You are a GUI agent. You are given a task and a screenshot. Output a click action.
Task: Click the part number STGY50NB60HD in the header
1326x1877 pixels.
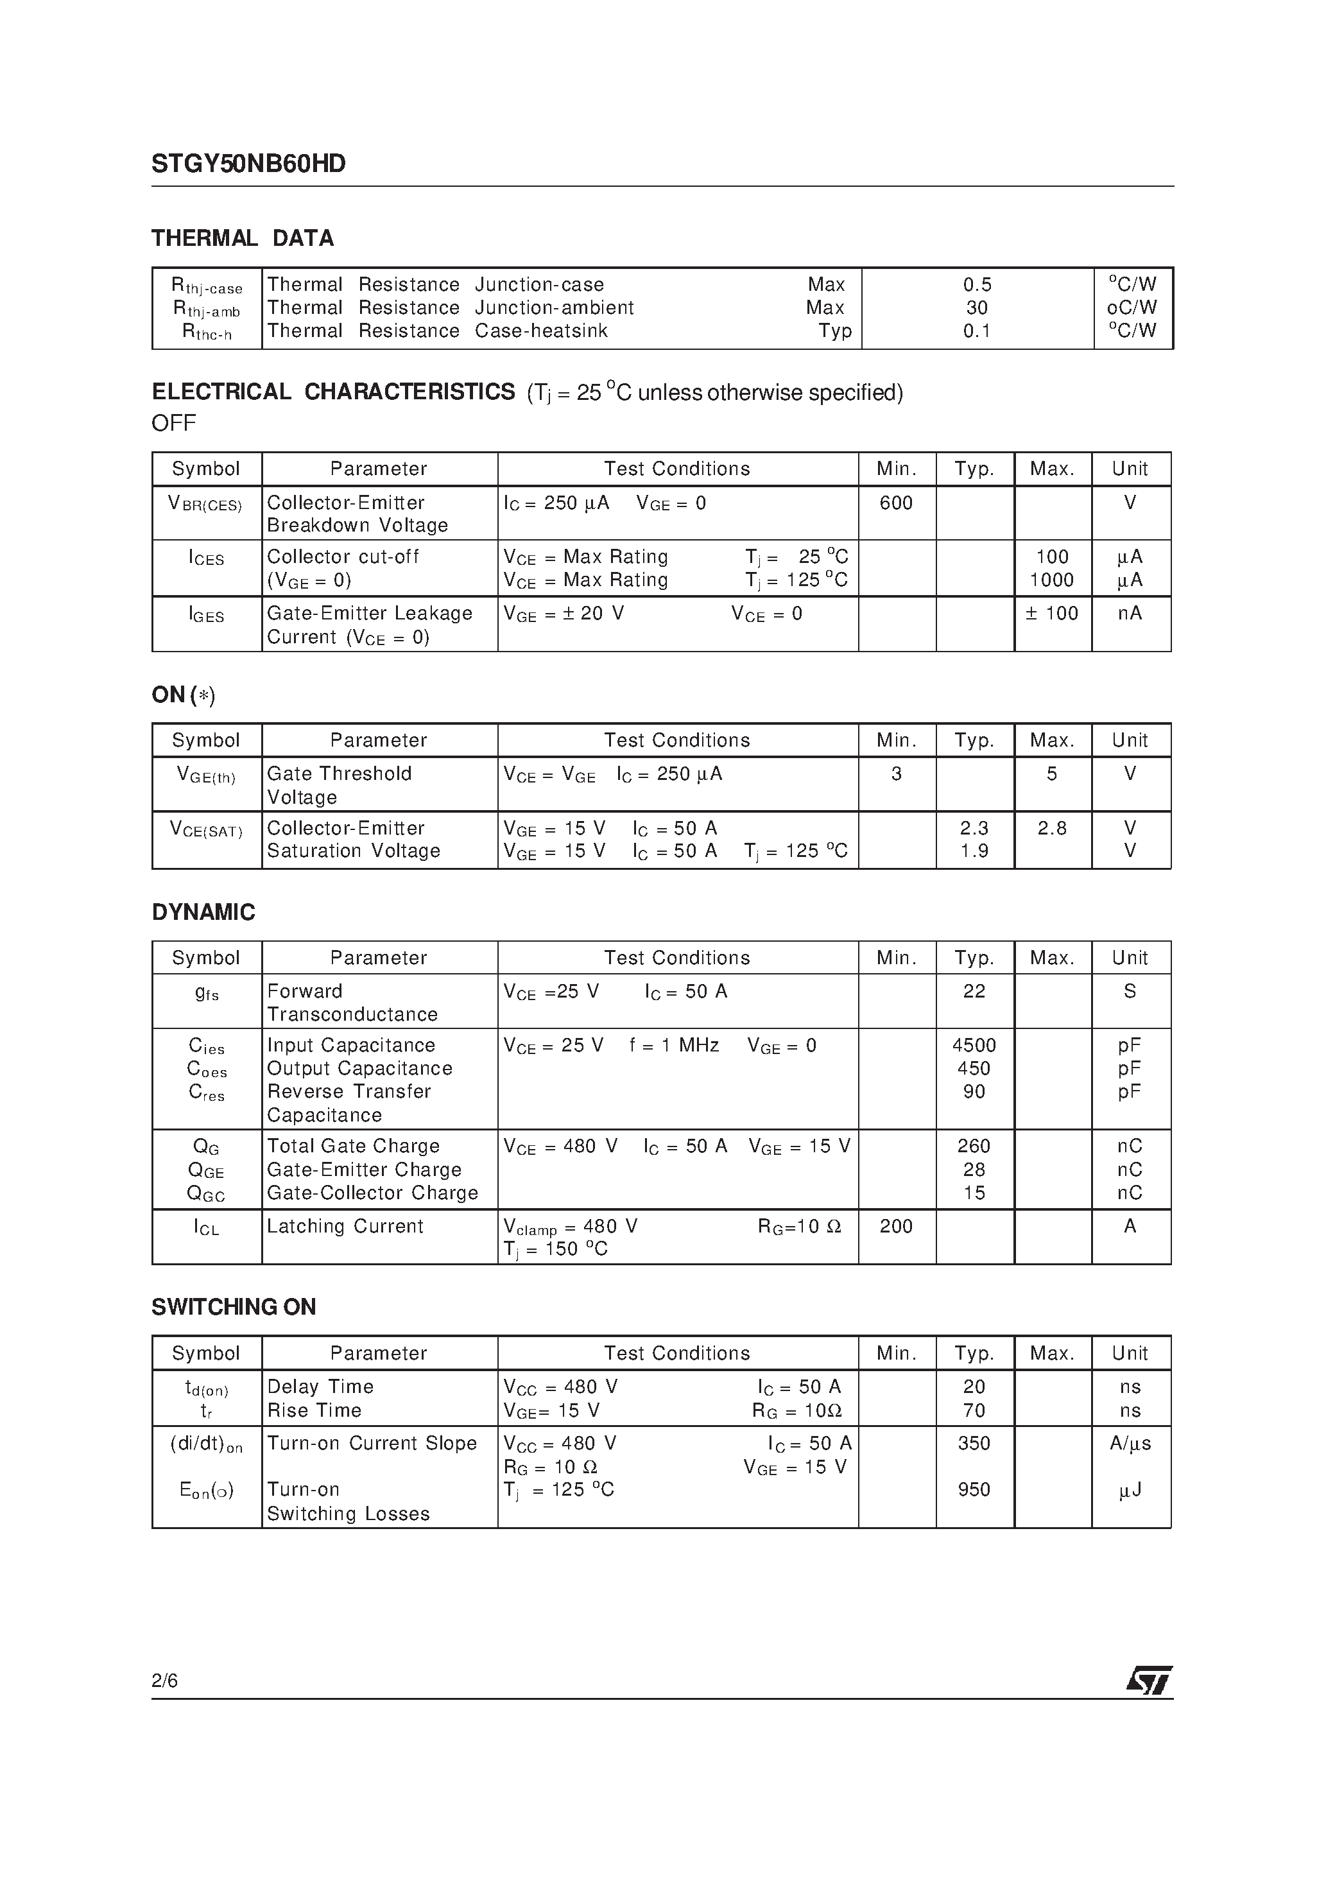(x=248, y=164)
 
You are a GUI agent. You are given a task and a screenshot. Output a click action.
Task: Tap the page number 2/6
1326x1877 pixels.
(x=164, y=1681)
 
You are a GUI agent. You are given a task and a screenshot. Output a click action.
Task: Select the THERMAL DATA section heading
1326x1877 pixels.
(x=242, y=239)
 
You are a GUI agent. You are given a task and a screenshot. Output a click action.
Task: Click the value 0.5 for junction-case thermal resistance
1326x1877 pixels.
(x=977, y=284)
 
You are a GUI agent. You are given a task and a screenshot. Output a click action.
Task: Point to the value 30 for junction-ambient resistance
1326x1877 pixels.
(x=977, y=308)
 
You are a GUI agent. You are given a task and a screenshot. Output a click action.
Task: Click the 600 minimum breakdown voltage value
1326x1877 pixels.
(x=896, y=503)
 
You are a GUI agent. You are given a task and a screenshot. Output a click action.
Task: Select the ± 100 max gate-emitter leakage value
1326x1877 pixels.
(x=1051, y=613)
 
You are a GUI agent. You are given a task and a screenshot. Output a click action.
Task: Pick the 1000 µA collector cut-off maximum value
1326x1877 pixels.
(x=1051, y=580)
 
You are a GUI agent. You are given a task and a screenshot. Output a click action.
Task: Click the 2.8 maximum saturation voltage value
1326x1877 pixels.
(x=1051, y=828)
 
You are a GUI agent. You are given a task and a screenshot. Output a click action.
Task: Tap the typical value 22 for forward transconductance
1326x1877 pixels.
(x=974, y=991)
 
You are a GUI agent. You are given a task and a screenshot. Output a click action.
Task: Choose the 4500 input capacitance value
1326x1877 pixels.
(x=974, y=1045)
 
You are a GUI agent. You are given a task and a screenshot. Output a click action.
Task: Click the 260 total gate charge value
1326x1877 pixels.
(x=974, y=1146)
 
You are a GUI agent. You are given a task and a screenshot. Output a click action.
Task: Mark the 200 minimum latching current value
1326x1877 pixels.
(x=896, y=1226)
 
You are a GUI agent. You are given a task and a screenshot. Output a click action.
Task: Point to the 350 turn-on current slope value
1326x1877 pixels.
(x=974, y=1444)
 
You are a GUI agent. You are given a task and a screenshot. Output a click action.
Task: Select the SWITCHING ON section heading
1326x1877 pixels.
(x=234, y=1307)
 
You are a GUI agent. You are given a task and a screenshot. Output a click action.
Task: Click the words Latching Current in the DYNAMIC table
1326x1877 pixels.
(x=345, y=1226)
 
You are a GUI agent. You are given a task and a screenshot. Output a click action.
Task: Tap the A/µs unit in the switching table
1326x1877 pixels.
(x=1130, y=1444)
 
